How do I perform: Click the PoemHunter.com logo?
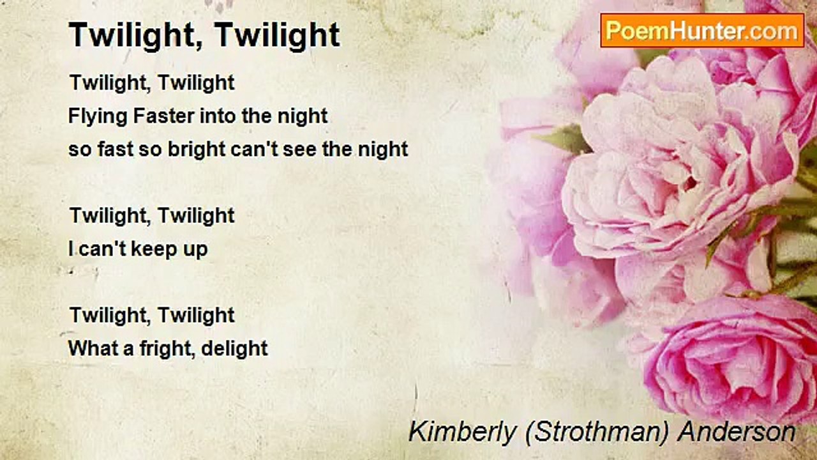(702, 30)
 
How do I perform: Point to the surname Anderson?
(737, 432)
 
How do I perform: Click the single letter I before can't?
(71, 249)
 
